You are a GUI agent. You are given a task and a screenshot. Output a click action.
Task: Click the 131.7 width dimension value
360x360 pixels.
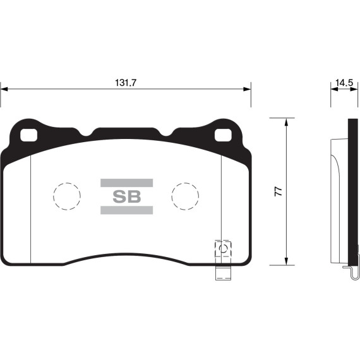pyautogui.click(x=126, y=82)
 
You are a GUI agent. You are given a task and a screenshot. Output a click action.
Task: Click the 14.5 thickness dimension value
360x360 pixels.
pyautogui.click(x=343, y=82)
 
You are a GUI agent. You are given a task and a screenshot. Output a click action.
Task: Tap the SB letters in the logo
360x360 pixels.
pyautogui.click(x=126, y=196)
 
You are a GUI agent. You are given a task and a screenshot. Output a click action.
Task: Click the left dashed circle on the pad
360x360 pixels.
pyautogui.click(x=66, y=196)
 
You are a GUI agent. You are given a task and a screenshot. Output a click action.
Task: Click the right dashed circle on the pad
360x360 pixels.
pyautogui.click(x=186, y=196)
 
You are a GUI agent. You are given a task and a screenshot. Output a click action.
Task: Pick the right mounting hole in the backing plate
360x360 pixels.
pyautogui.click(x=224, y=135)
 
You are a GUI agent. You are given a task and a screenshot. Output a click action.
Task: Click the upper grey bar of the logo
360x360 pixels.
pyautogui.click(x=126, y=183)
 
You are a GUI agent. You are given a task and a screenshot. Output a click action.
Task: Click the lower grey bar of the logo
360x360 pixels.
pyautogui.click(x=126, y=210)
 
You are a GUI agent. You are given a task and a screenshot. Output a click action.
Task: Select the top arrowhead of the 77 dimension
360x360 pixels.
pyautogui.click(x=287, y=122)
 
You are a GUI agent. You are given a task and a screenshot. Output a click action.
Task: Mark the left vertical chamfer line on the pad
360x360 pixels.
pyautogui.click(x=31, y=208)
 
